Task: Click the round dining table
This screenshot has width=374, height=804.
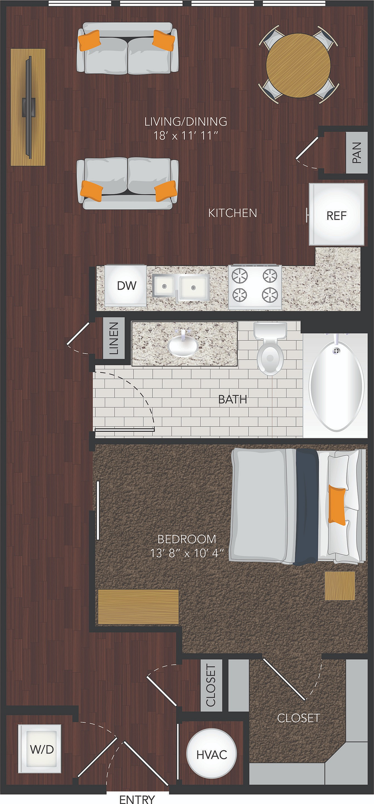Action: [298, 65]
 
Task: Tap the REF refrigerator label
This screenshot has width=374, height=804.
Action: [337, 215]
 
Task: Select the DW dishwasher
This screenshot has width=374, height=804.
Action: [125, 285]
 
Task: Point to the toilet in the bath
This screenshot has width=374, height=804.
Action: [270, 348]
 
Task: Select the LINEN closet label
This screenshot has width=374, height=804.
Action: [114, 338]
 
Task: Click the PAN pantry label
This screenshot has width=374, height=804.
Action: [356, 152]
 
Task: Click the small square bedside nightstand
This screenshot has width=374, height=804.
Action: [340, 586]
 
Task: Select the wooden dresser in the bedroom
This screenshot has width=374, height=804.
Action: [138, 607]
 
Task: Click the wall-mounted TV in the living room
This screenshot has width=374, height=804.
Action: [28, 107]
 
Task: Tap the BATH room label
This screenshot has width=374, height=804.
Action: [233, 399]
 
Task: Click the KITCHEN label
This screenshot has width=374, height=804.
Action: [233, 213]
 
